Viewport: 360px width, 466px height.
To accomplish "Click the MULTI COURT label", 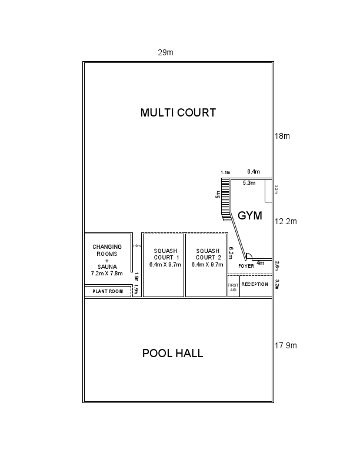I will [x=178, y=113].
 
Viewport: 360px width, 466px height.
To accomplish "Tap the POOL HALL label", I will [x=172, y=354].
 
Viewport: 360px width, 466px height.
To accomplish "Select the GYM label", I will [x=249, y=216].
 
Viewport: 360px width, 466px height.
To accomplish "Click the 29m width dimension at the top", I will [x=165, y=52].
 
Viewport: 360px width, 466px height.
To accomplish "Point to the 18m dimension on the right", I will [x=282, y=136].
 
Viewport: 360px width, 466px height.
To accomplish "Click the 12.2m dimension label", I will [x=286, y=222].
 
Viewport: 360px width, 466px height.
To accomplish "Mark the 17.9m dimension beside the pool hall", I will [x=285, y=345].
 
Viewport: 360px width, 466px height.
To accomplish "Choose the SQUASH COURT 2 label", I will [x=209, y=254].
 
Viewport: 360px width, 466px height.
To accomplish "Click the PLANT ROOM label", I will [x=108, y=291].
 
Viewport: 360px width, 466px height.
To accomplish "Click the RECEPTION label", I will [x=255, y=285].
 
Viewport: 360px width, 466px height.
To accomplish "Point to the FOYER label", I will [x=245, y=267].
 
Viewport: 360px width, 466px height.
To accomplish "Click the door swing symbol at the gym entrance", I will [x=249, y=257].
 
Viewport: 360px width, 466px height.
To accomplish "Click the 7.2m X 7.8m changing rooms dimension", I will [x=106, y=274].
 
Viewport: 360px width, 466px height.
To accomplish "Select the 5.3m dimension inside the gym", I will [x=249, y=183].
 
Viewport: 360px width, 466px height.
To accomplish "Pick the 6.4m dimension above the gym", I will [x=254, y=172].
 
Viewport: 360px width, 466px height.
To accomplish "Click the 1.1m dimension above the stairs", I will [x=225, y=172].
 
